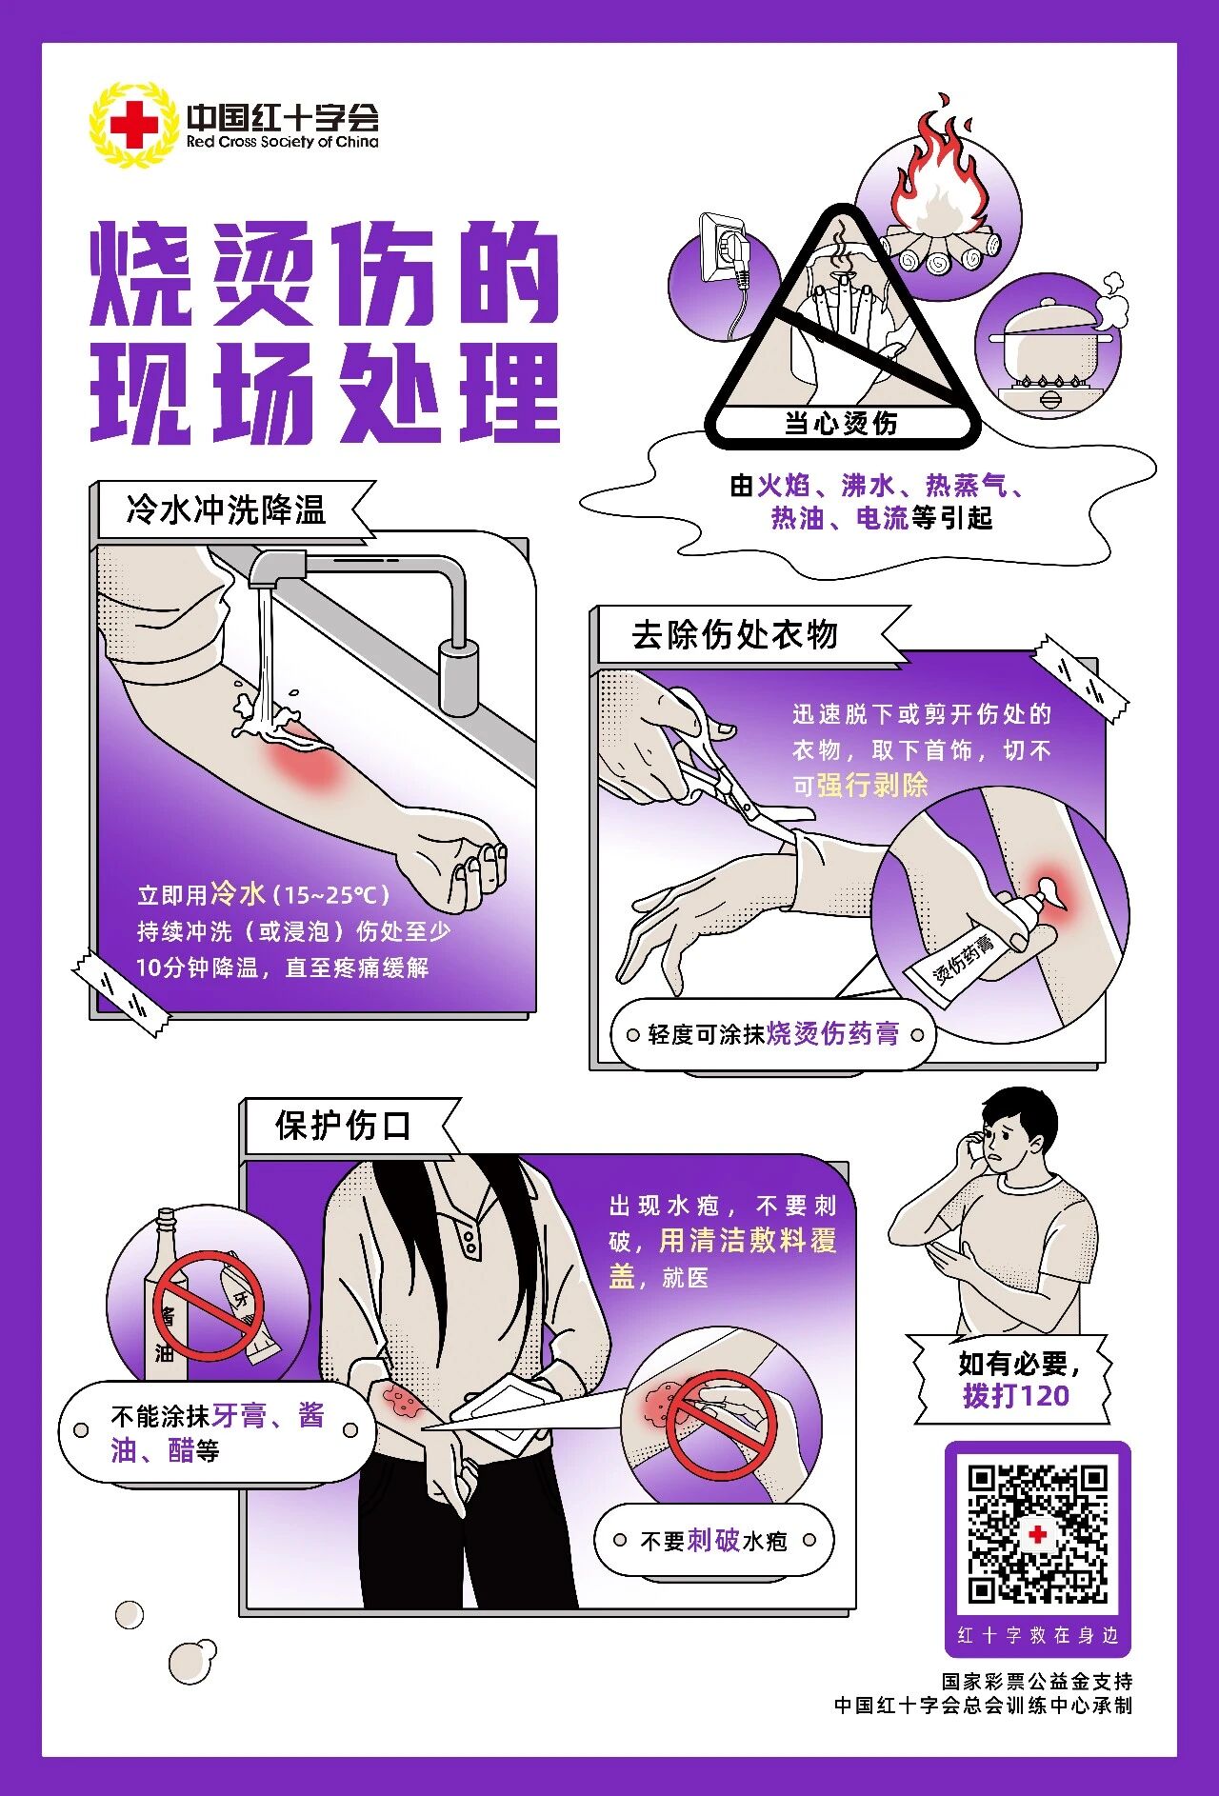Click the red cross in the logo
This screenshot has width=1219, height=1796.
click(133, 125)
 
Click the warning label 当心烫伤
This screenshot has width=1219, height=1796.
click(841, 423)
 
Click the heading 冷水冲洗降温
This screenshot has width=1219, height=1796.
click(227, 510)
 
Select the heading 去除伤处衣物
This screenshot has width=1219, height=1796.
click(734, 634)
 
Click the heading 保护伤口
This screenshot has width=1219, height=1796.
click(343, 1126)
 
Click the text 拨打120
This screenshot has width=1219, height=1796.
click(1015, 1396)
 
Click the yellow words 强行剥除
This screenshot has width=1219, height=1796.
click(872, 786)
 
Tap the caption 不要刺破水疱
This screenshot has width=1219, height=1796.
click(713, 1541)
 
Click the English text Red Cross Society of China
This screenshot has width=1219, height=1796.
click(282, 142)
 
